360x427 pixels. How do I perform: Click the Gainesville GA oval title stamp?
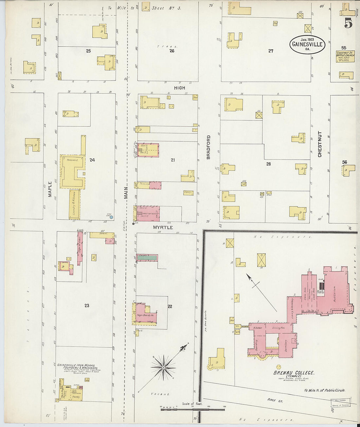(x=307, y=44)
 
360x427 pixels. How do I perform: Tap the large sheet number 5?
(x=348, y=24)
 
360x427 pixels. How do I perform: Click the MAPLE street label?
(x=50, y=189)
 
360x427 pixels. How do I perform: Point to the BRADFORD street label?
(x=208, y=147)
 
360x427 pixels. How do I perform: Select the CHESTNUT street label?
(x=320, y=144)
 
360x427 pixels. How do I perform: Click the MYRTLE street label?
(x=163, y=227)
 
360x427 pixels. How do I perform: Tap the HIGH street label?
(x=179, y=88)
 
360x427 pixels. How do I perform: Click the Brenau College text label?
(x=294, y=373)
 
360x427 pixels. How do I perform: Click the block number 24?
(x=92, y=160)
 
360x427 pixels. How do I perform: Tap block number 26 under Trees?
(x=172, y=51)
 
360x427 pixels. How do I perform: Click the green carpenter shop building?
(x=147, y=258)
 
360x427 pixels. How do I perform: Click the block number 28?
(x=268, y=164)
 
